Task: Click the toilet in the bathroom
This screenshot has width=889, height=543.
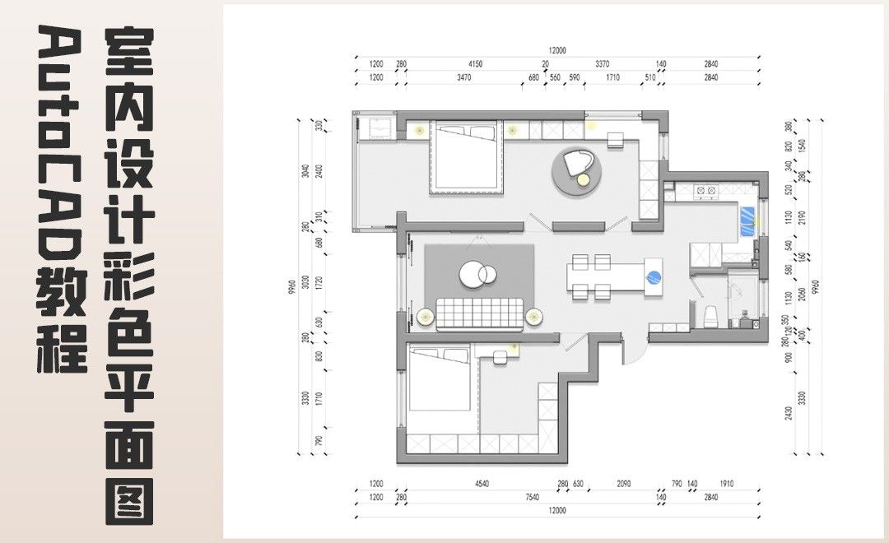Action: point(709,315)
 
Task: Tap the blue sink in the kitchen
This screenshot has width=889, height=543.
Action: point(747,220)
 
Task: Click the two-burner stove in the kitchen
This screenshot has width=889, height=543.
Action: point(705,191)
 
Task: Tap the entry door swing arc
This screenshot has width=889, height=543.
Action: point(635,350)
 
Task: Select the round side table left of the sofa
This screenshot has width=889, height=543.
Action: point(426,315)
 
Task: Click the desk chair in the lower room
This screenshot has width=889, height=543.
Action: point(501,357)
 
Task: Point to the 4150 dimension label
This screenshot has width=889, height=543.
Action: point(475,63)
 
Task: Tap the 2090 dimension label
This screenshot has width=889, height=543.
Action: point(623,485)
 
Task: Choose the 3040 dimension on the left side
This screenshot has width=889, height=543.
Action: point(305,171)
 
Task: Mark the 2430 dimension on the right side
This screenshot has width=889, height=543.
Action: point(788,411)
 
